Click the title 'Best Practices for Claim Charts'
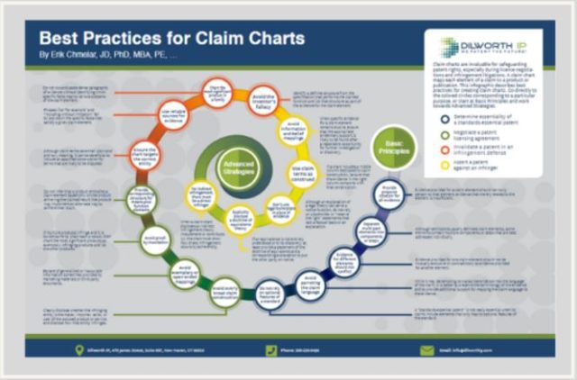tap(172, 40)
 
